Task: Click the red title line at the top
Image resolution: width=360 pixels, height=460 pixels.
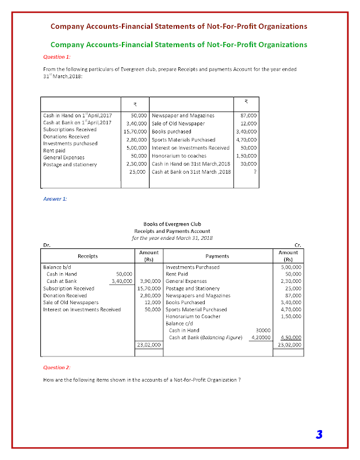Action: pyautogui.click(x=179, y=26)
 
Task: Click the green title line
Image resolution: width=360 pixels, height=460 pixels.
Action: pyautogui.click(x=179, y=44)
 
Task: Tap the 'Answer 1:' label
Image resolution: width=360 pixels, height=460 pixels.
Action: pyautogui.click(x=55, y=198)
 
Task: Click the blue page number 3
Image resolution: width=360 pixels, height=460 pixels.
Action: pyautogui.click(x=319, y=434)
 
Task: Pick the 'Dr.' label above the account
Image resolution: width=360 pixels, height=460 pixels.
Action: pyautogui.click(x=47, y=246)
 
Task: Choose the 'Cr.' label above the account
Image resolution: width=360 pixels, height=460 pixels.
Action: pyautogui.click(x=298, y=246)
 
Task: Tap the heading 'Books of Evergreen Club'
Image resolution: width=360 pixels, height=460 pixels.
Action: pyautogui.click(x=172, y=224)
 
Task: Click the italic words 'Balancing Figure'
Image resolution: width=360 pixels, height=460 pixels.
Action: pyautogui.click(x=224, y=338)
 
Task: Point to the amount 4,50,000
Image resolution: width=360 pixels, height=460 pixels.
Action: pyautogui.click(x=291, y=338)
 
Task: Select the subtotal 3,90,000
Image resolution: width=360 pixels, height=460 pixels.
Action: pyautogui.click(x=150, y=281)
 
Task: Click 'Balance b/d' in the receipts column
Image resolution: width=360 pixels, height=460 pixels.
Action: pyautogui.click(x=56, y=267)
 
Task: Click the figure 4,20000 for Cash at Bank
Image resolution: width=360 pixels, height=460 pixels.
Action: pyautogui.click(x=261, y=338)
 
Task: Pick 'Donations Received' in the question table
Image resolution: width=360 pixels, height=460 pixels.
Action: pyautogui.click(x=66, y=137)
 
